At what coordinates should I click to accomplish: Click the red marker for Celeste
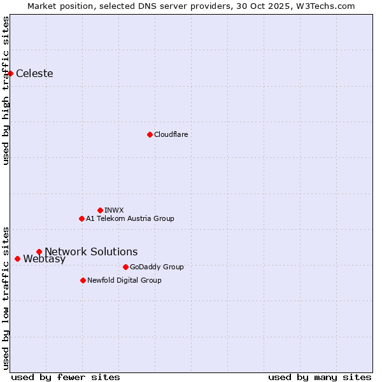[x=10, y=73]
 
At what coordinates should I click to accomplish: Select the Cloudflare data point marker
[x=150, y=134]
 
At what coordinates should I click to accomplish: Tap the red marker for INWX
[x=100, y=210]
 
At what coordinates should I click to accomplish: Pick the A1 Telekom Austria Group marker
[x=81, y=218]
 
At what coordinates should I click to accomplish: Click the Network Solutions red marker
[x=39, y=251]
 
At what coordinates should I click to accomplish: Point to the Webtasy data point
[x=17, y=258]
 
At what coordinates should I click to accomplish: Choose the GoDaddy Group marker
[x=125, y=267]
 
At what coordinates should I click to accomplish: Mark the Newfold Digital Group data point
[x=83, y=280]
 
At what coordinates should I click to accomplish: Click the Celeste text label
[x=34, y=73]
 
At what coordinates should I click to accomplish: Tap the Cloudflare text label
[x=171, y=134]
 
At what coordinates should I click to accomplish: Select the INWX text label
[x=114, y=210]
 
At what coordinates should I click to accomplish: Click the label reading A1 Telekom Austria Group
[x=130, y=218]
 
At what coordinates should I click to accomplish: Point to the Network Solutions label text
[x=91, y=251]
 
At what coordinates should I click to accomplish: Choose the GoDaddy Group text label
[x=157, y=267]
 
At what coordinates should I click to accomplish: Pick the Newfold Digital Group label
[x=124, y=280]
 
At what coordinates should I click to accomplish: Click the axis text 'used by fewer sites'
[x=66, y=377]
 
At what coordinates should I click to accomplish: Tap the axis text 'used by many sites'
[x=320, y=377]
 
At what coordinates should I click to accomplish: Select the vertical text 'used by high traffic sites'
[x=6, y=90]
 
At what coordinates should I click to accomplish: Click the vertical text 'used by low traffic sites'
[x=6, y=297]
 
